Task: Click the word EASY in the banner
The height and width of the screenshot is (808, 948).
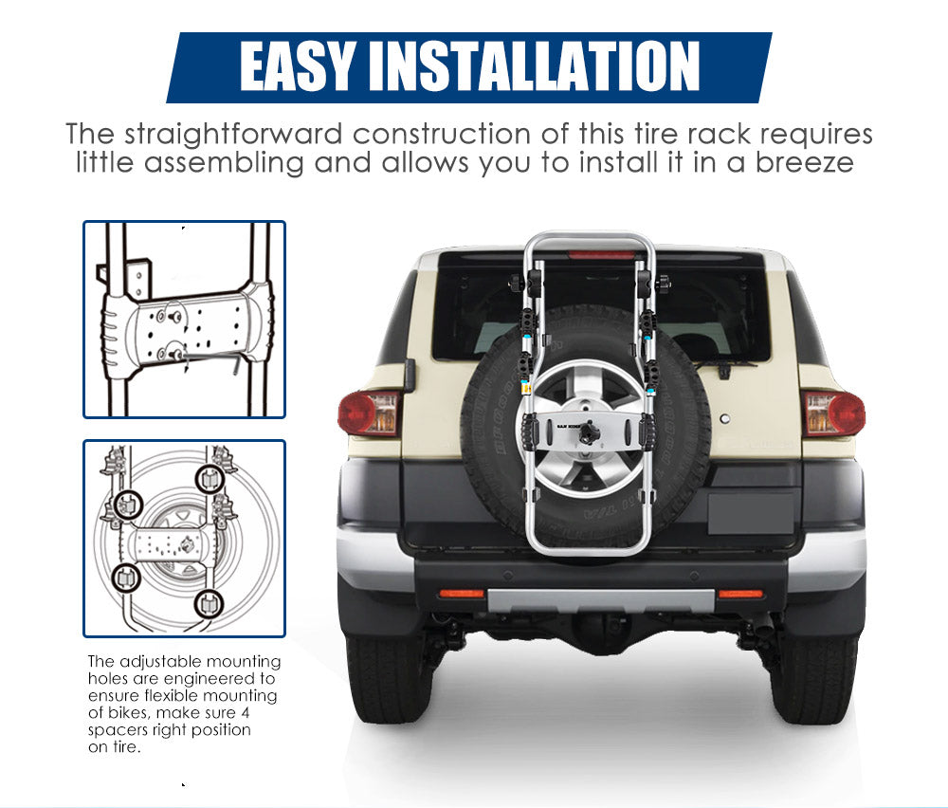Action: pos(296,66)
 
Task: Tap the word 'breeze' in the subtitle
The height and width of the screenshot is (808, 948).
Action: pos(805,162)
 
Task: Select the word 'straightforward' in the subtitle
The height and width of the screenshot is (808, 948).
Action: pos(233,135)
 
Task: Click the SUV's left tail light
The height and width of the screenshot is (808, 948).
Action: pos(368,413)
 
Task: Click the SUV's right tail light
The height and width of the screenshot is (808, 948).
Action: pos(833,413)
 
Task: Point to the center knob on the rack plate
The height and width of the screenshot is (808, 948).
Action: pos(589,432)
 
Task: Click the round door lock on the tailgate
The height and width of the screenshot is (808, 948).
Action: pos(725,418)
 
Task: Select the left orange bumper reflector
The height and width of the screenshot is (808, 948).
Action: pos(462,593)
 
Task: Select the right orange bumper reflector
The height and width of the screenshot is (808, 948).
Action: pos(740,593)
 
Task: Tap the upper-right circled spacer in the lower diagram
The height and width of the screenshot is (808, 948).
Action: pos(210,478)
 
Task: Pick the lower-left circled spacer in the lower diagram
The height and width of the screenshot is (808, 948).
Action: pos(126,578)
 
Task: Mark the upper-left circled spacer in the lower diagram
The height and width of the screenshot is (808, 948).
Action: pos(128,504)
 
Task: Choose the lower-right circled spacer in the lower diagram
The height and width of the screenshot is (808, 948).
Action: pos(210,603)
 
